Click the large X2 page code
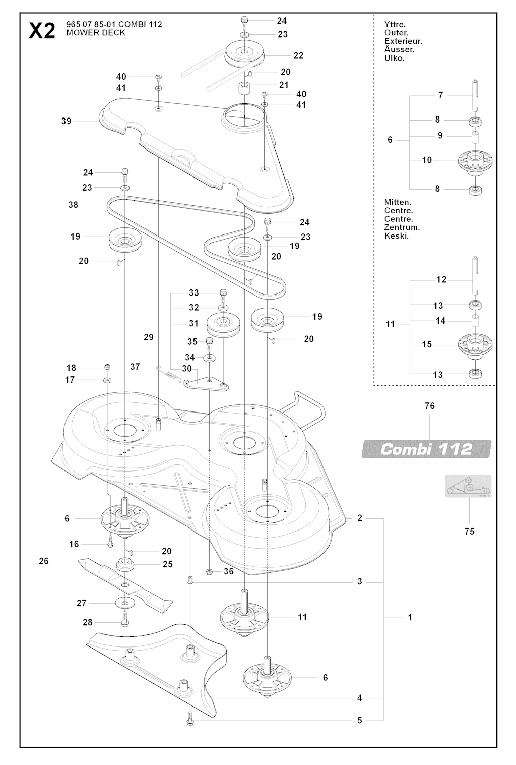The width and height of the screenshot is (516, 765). click(42, 31)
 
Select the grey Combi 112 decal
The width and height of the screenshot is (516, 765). click(426, 449)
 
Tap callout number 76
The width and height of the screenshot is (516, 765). click(430, 406)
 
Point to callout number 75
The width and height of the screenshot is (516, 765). click(469, 532)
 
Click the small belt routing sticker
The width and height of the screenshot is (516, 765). click(468, 486)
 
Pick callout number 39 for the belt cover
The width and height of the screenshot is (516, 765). click(66, 121)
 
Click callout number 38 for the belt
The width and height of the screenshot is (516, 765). click(73, 205)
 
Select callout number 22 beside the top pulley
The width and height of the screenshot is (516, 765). click(298, 55)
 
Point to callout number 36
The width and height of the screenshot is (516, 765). click(228, 571)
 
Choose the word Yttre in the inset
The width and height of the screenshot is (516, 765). click(395, 25)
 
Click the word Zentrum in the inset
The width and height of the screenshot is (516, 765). click(402, 227)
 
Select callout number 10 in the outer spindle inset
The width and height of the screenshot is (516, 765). click(427, 160)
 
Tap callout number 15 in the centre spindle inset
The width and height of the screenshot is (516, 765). click(427, 344)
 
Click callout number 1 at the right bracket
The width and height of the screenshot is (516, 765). click(410, 617)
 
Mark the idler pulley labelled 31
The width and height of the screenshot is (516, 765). click(223, 325)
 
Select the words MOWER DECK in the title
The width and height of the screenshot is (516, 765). click(96, 33)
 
